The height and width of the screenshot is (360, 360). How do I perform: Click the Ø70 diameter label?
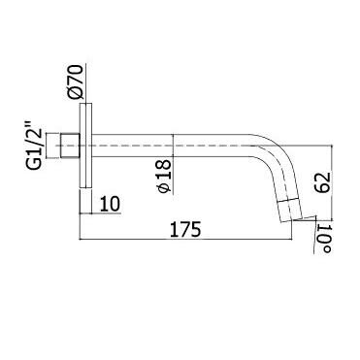click(x=76, y=82)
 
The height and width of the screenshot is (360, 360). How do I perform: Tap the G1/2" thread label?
click(x=34, y=145)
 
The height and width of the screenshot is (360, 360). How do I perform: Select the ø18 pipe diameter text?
click(x=164, y=176)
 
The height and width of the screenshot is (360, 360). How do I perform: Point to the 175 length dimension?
click(x=185, y=229)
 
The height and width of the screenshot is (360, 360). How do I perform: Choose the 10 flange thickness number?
click(x=110, y=204)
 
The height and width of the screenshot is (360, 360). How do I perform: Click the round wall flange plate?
click(x=85, y=146)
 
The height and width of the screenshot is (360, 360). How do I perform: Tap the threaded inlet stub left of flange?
click(x=70, y=146)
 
